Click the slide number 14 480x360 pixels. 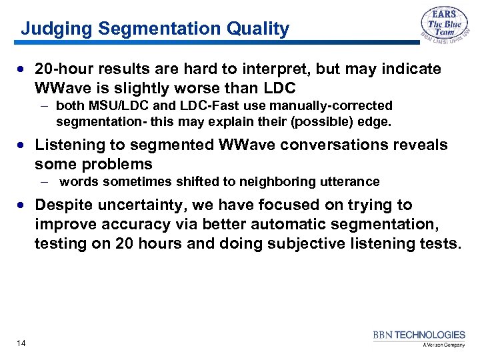pyautogui.click(x=21, y=343)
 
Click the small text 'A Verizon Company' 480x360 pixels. pyautogui.click(x=443, y=345)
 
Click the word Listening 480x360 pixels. pyautogui.click(x=69, y=145)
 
